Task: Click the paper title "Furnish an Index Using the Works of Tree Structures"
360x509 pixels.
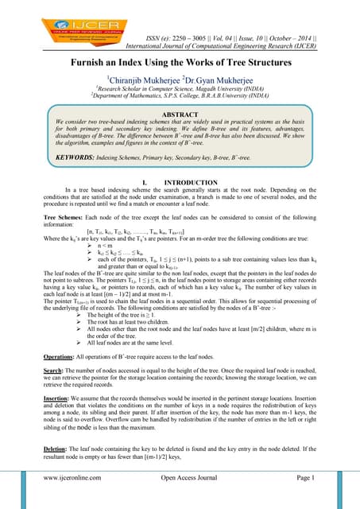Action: pyautogui.click(x=180, y=64)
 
